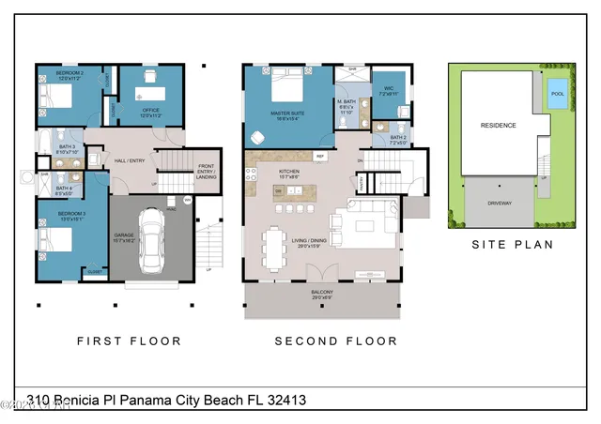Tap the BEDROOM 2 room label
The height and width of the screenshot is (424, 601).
69,73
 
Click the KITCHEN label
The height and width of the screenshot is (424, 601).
289,172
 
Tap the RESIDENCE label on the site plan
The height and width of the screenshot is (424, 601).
498,124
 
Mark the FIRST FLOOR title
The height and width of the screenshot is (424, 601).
120,341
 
